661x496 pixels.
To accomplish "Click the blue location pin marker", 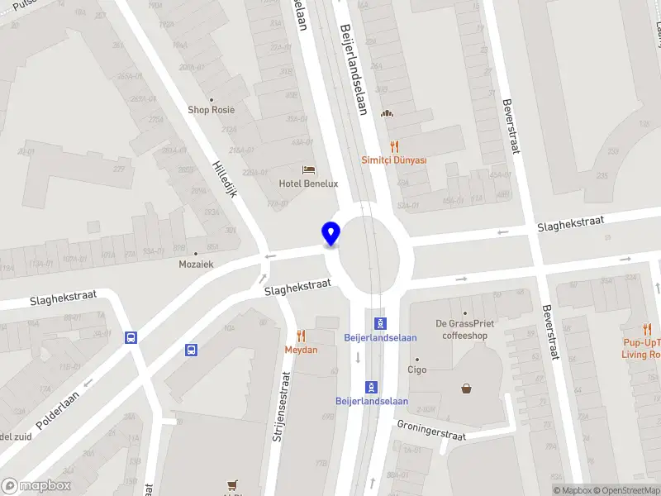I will click(330, 234).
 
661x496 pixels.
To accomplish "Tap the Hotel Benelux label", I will click(308, 184).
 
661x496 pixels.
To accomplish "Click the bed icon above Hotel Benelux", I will click(309, 169).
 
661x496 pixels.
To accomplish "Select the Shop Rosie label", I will click(211, 110).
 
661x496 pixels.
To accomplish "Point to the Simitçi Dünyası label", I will click(394, 160).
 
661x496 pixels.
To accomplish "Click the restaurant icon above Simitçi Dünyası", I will click(394, 146).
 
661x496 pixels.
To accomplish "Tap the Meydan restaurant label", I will click(302, 350).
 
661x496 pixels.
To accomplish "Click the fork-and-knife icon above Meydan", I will click(302, 336).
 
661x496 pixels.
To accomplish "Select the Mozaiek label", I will click(196, 265).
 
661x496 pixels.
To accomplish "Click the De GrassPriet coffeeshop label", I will click(464, 330).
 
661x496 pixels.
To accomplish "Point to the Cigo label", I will click(416, 370).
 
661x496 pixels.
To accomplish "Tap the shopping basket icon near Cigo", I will click(467, 388).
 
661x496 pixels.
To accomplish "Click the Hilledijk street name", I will click(225, 179).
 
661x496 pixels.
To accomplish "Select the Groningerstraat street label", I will click(430, 430).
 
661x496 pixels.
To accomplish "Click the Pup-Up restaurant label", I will click(641, 348).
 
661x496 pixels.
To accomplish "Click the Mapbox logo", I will click(36, 486).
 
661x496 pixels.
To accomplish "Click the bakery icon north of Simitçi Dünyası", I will click(385, 114).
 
